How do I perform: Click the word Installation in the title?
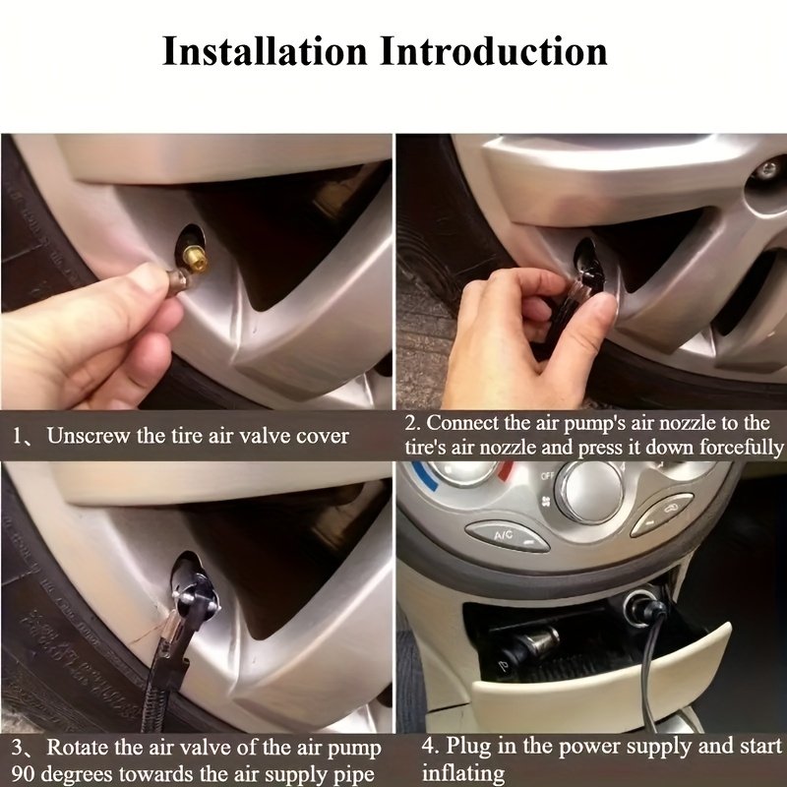click(265, 51)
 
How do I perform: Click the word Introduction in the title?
click(494, 51)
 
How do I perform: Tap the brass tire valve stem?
click(195, 258)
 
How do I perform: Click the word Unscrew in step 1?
click(88, 436)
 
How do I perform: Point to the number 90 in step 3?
click(23, 773)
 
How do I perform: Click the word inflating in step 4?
click(463, 773)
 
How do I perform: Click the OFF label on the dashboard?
click(547, 475)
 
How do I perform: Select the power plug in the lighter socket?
click(650, 610)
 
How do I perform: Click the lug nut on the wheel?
click(767, 170)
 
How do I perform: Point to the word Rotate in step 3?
click(78, 748)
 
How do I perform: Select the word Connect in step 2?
click(462, 423)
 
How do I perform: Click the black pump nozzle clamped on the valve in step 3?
click(195, 591)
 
